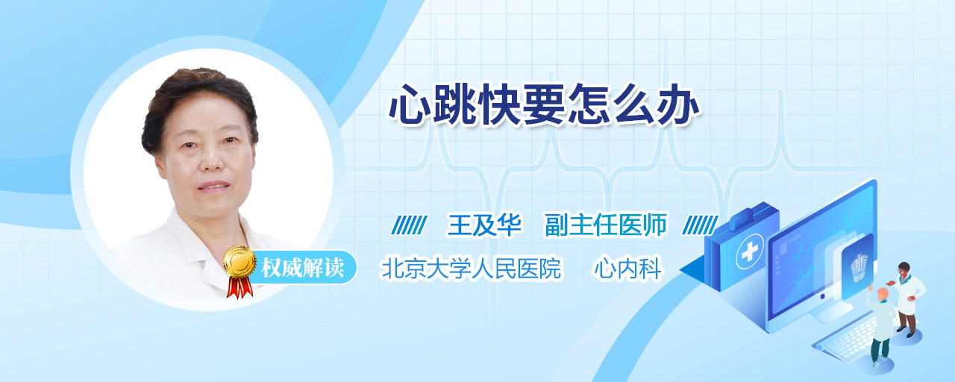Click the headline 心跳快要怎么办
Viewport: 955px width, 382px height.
(544, 104)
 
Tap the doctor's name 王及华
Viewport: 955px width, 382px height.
(484, 225)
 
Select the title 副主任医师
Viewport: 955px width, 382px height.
(606, 225)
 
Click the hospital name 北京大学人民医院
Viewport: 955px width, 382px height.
(471, 268)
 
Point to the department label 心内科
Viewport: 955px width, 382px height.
(628, 268)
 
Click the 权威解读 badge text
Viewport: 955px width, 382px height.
(303, 268)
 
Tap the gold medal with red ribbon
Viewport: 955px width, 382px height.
(239, 272)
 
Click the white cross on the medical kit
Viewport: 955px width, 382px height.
(749, 252)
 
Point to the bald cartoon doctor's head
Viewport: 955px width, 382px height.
(883, 294)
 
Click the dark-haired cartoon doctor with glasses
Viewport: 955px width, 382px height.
(907, 299)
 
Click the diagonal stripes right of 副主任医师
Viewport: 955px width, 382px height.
(700, 225)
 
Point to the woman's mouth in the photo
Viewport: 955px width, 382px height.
(213, 187)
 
